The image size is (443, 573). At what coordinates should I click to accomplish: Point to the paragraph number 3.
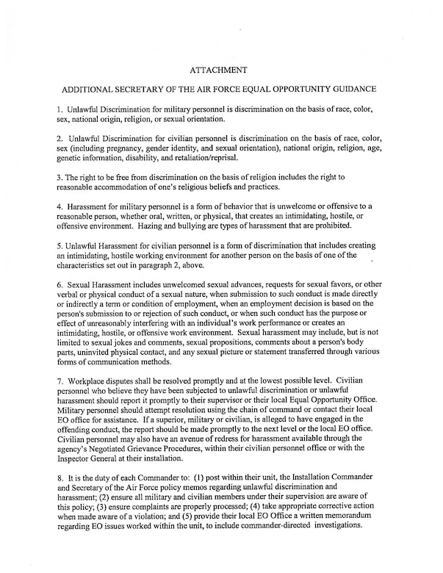tap(60, 177)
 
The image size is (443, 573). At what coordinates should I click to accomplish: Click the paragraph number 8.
tap(60, 486)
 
